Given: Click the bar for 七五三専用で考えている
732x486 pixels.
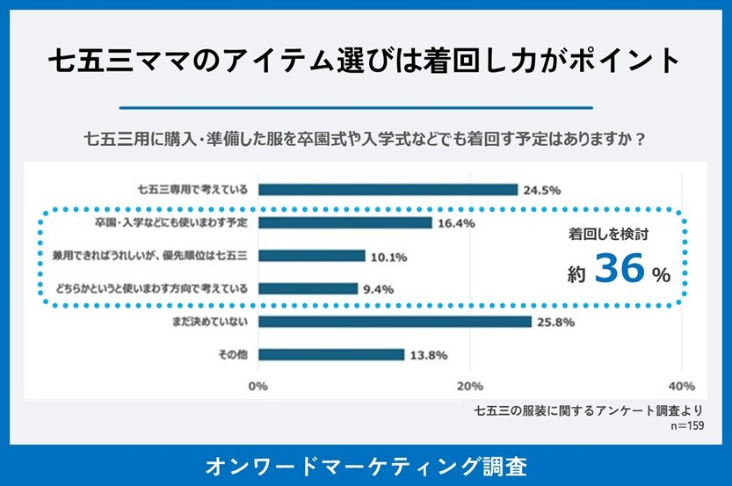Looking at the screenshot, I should [x=388, y=190].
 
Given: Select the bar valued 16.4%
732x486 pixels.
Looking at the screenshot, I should [x=344, y=223].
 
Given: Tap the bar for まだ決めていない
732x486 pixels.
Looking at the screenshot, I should [x=395, y=323].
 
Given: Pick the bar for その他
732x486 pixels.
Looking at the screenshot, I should [x=330, y=355].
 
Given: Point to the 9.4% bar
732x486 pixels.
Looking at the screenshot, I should [x=308, y=288].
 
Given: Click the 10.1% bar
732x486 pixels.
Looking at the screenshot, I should [x=311, y=256].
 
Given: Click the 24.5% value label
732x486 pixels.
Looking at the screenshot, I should [x=542, y=190].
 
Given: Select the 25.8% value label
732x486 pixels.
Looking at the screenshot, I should [x=556, y=323].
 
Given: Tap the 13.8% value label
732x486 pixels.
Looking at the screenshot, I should [x=430, y=355].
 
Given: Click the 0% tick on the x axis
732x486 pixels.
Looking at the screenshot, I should [x=258, y=387].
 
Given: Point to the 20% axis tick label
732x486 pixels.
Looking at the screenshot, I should [x=471, y=387].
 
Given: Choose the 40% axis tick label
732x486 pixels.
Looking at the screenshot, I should [x=682, y=387].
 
